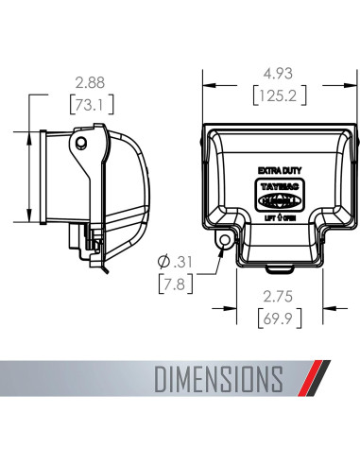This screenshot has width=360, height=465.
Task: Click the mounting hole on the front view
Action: [223, 241]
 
